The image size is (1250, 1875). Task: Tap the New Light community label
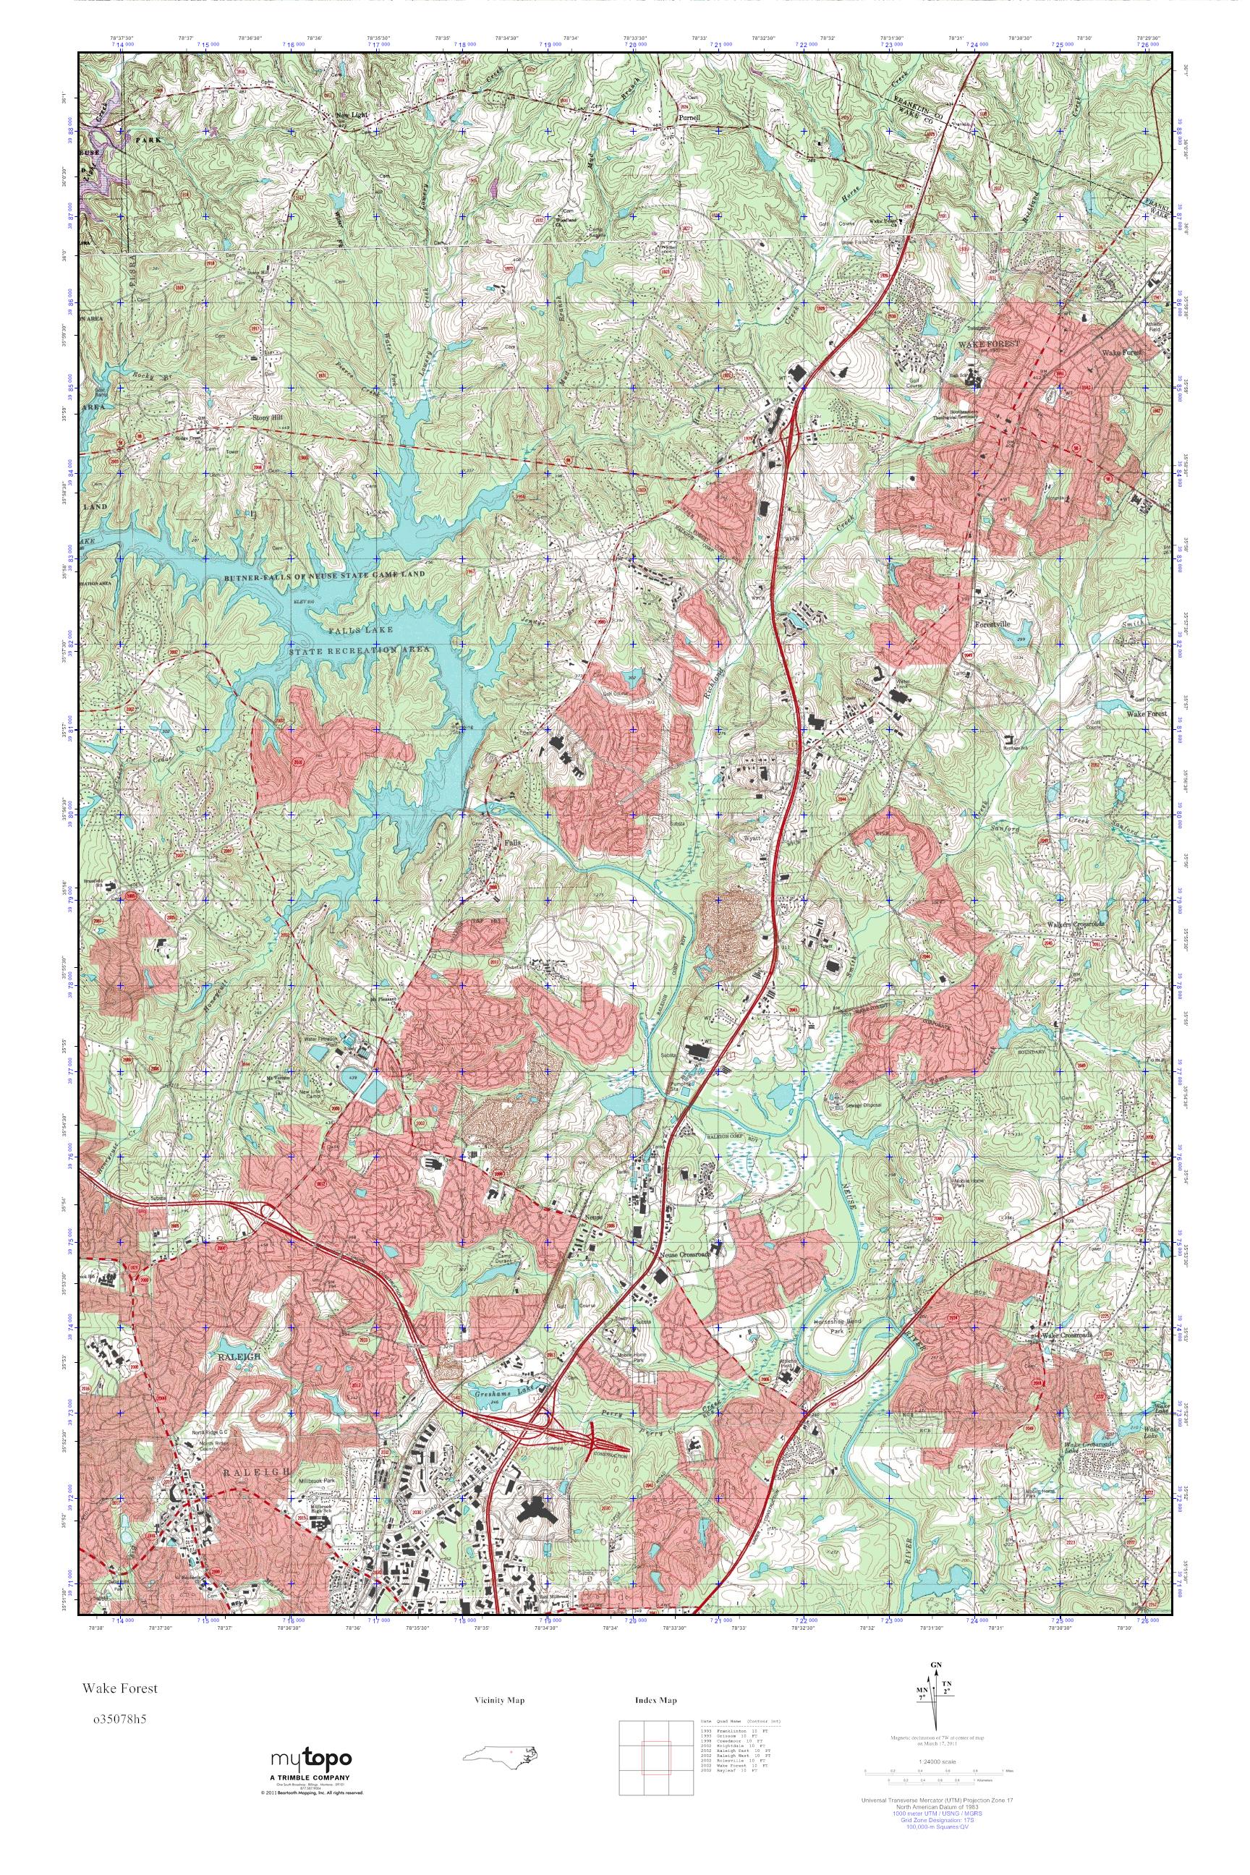pyautogui.click(x=352, y=116)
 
